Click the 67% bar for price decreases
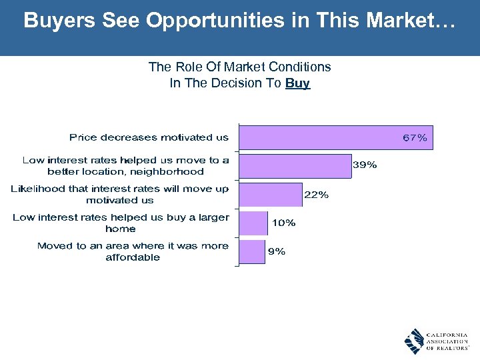pos(320,137)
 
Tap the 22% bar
pos(270,194)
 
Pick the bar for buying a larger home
pos(253,223)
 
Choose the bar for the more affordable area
pos(251,251)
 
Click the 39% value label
pos(365,165)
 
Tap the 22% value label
pos(316,195)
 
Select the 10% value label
pos(283,223)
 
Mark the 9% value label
pos(277,251)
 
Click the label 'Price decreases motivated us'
pos(149,137)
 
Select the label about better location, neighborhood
pos(125,165)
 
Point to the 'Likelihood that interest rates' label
pos(120,194)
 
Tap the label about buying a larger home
pos(121,223)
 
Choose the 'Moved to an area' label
pos(133,251)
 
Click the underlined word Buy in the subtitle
pos(297,83)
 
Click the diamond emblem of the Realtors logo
pos(414,341)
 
